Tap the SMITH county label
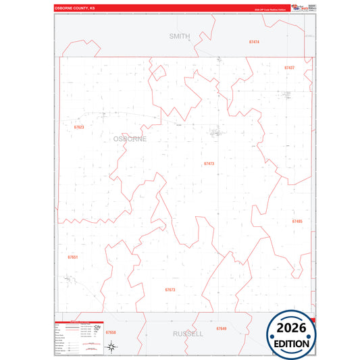click(x=180, y=36)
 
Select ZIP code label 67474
click(x=254, y=42)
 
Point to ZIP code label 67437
click(x=289, y=68)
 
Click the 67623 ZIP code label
click(x=79, y=127)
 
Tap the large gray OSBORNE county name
click(x=130, y=138)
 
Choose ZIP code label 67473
click(x=209, y=163)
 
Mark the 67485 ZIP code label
click(x=297, y=222)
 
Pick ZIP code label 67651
click(x=73, y=257)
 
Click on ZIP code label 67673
click(x=170, y=290)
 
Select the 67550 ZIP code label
click(x=111, y=333)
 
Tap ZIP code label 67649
click(x=222, y=328)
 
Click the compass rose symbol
click(x=111, y=347)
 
